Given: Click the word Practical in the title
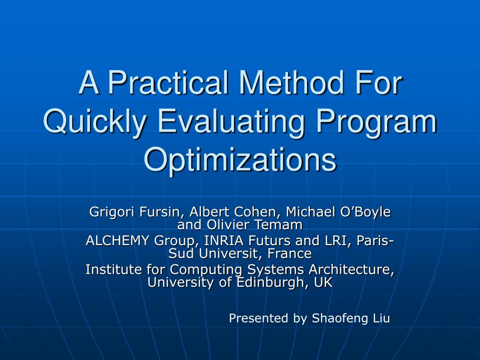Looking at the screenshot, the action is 168,82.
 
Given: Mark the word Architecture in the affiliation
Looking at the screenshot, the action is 352,270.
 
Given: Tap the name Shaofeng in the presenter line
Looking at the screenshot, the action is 340,318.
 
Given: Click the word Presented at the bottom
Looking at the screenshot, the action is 259,318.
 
